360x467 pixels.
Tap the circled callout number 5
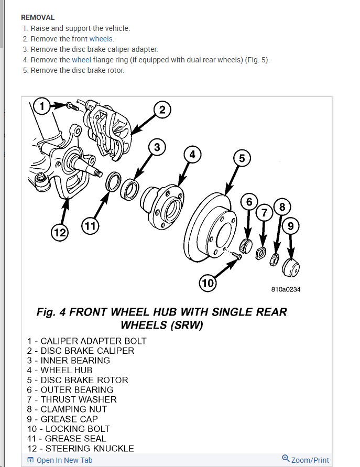pyautogui.click(x=241, y=158)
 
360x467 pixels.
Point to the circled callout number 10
pyautogui.click(x=208, y=284)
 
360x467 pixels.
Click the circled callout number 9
pyautogui.click(x=291, y=226)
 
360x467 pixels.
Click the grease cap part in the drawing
pyautogui.click(x=291, y=267)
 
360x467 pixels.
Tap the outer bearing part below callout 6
pyautogui.click(x=246, y=245)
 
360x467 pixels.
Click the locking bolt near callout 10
pyautogui.click(x=238, y=256)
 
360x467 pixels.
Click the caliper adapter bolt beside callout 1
pyautogui.click(x=71, y=106)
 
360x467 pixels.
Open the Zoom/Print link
pyautogui.click(x=306, y=460)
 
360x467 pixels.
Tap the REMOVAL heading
pyautogui.click(x=38, y=17)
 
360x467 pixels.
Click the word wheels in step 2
pyautogui.click(x=101, y=39)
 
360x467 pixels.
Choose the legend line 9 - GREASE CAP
pyautogui.click(x=63, y=419)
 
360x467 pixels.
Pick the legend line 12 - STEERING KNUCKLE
pyautogui.click(x=81, y=448)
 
